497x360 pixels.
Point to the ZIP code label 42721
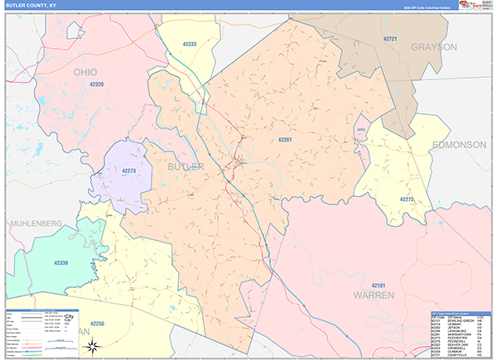pyautogui.click(x=392, y=39)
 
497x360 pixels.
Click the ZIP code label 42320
pyautogui.click(x=96, y=84)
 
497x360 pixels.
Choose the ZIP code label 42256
pyautogui.click(x=98, y=323)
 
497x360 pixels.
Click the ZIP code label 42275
pyautogui.click(x=405, y=199)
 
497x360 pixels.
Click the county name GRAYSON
pyautogui.click(x=434, y=47)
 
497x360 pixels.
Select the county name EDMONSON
pyautogui.click(x=458, y=145)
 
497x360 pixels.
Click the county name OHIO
pyautogui.click(x=91, y=72)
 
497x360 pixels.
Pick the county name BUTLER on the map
pyautogui.click(x=186, y=166)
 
